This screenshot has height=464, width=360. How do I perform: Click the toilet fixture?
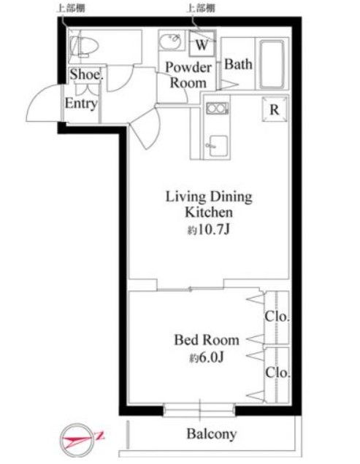[84, 47]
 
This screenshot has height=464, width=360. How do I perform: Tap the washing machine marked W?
[202, 43]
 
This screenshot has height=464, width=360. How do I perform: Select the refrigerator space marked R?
[275, 109]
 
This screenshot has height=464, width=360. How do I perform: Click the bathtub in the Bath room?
[272, 64]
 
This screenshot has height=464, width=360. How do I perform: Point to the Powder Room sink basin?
[170, 41]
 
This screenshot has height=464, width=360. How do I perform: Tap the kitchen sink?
[218, 146]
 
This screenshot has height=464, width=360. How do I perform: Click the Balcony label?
[212, 434]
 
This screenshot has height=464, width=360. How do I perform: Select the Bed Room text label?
[207, 340]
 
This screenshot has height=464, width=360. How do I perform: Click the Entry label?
[81, 104]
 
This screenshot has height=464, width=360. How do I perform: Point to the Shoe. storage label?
[86, 74]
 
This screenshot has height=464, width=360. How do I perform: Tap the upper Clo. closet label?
[277, 317]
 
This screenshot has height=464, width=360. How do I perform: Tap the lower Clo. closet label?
[277, 372]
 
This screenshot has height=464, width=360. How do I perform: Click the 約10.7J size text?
[209, 230]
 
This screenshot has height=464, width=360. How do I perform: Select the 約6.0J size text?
[207, 358]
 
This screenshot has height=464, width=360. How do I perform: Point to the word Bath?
[238, 64]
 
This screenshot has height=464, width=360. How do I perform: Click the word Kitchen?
[209, 212]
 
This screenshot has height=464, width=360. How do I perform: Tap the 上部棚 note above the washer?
[200, 8]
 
